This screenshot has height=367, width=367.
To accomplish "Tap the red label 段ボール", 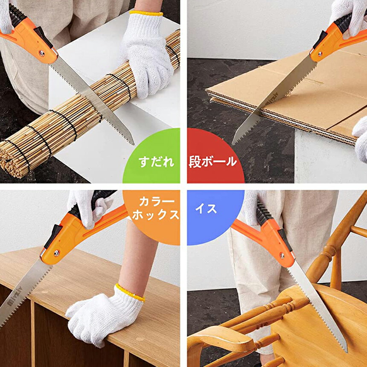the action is tap(213, 162).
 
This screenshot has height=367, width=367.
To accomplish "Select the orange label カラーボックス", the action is tap(156, 208).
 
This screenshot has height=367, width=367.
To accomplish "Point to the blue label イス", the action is tap(206, 208).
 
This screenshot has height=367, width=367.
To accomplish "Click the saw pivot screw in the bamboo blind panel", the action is tap(42, 54).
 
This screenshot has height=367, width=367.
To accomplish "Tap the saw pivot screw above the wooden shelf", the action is tap(56, 253).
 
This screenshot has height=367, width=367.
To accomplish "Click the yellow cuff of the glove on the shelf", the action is tap(129, 293).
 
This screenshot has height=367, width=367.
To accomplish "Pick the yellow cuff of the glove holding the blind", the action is tap(146, 13).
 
